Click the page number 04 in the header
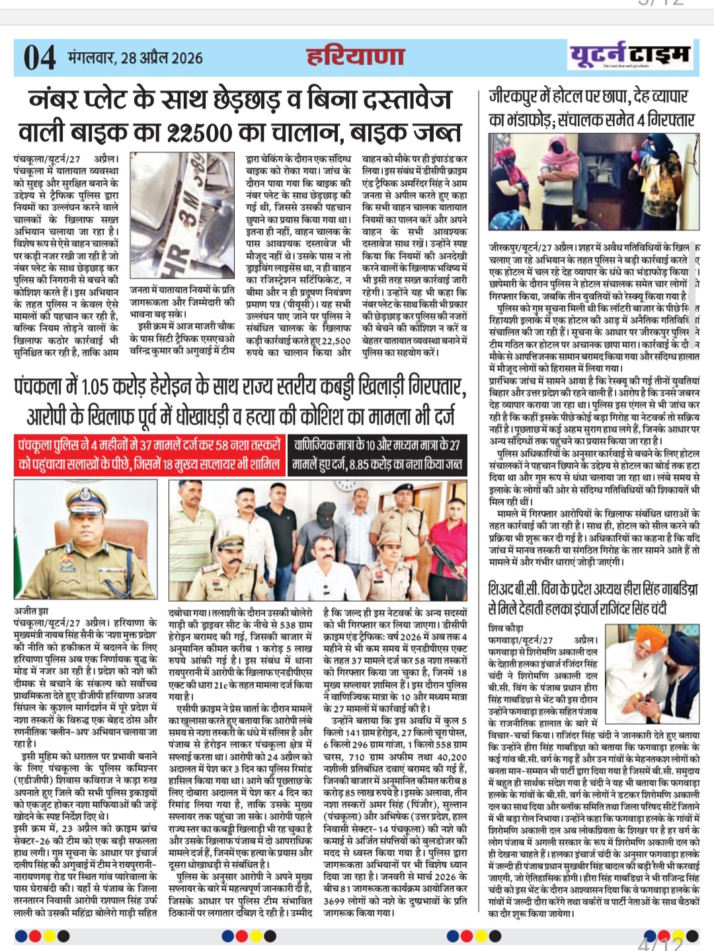click(x=40, y=57)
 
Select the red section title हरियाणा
click(x=356, y=57)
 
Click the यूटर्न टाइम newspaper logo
click(x=629, y=55)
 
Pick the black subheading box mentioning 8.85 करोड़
click(x=377, y=454)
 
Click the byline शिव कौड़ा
click(x=505, y=628)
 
